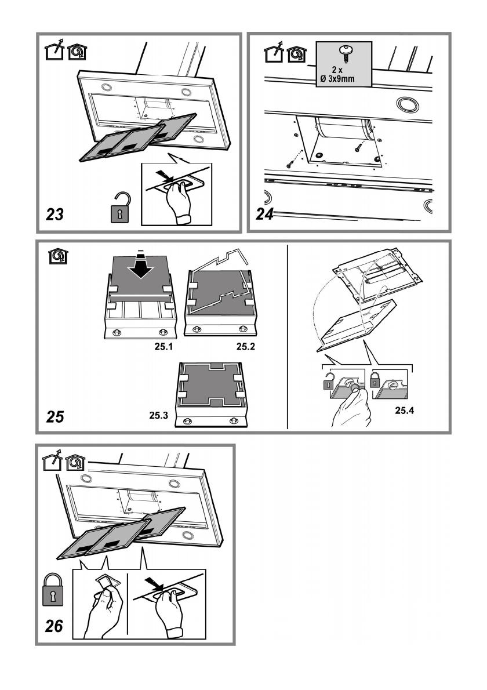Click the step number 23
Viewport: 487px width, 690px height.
coord(55,215)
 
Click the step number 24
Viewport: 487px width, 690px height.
coord(265,214)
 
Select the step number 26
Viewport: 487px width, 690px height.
coord(54,626)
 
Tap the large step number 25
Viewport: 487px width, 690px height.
coord(55,416)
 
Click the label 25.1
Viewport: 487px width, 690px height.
coord(163,347)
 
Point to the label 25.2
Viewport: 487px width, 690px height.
coord(245,347)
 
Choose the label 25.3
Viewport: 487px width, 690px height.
coord(158,415)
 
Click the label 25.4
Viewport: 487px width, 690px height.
coord(404,411)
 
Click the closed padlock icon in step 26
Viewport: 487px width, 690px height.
coord(53,590)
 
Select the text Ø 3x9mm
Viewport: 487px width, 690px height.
coord(337,79)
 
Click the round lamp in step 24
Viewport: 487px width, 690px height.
coord(408,105)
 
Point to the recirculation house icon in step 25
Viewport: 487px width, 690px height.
coord(59,256)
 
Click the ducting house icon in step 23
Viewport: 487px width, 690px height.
coord(55,50)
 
